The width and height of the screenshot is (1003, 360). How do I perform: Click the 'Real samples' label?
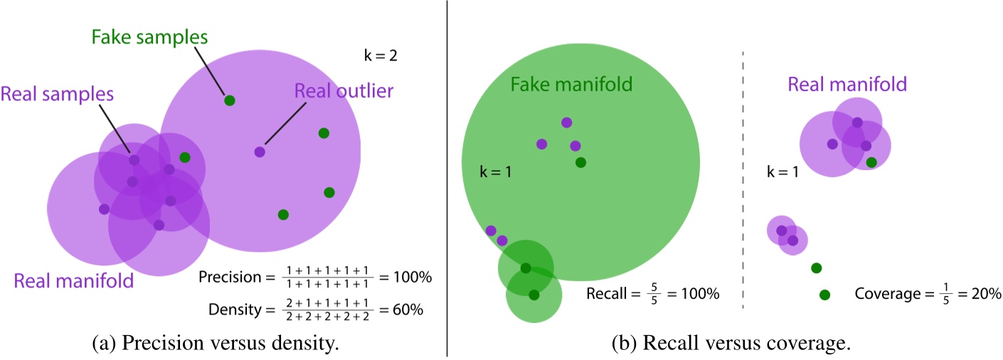point(58,93)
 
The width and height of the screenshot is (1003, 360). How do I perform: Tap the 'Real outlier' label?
point(344,90)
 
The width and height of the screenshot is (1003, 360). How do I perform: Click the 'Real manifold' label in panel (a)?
point(73,280)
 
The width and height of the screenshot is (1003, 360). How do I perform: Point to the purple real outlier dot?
point(260,152)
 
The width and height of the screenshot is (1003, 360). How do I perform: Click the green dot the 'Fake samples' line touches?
point(229,100)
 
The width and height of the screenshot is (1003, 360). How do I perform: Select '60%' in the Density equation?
point(410,310)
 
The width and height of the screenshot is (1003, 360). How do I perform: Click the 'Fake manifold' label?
point(571,85)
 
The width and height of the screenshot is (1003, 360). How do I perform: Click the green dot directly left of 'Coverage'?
point(824,294)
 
